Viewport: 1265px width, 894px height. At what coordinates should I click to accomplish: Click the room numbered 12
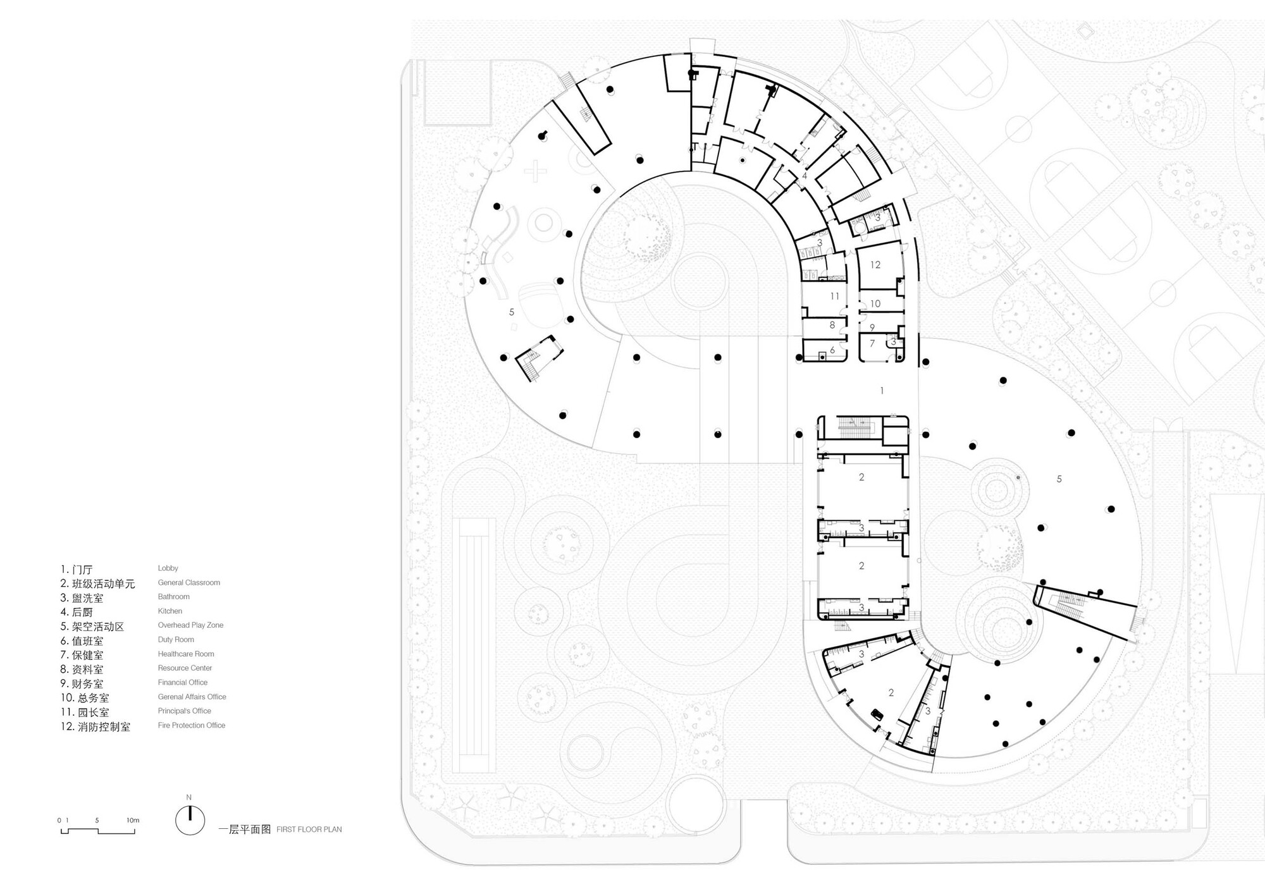pos(875,265)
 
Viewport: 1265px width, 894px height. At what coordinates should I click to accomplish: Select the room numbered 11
pos(835,296)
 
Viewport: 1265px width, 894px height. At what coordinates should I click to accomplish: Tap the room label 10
pos(875,304)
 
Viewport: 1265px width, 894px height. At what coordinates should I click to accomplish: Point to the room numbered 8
pos(832,325)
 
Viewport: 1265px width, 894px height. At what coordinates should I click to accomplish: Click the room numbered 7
pos(872,343)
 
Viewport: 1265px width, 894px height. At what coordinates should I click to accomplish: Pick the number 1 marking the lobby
pos(882,391)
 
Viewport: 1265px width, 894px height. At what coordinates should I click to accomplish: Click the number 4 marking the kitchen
pos(805,176)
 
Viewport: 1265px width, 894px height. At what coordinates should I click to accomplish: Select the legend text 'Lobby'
pos(168,568)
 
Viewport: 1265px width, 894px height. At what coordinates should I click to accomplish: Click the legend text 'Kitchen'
pos(170,611)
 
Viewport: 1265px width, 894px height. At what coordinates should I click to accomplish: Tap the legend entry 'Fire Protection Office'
pos(192,725)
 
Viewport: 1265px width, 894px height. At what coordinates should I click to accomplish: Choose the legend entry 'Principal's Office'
pos(185,711)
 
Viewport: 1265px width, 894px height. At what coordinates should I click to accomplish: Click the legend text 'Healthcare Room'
pos(186,654)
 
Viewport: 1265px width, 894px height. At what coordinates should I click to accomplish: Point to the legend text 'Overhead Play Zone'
pos(190,625)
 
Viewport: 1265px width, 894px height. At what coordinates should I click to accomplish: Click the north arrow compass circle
pos(190,820)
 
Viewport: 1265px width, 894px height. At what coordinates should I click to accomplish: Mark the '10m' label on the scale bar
pos(133,821)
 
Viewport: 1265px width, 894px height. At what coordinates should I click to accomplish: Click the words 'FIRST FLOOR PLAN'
pos(309,830)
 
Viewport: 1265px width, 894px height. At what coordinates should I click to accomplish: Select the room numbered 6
pos(832,350)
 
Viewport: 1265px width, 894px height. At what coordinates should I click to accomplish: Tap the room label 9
pos(872,328)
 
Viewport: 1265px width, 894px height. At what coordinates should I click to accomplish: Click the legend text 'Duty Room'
pos(176,640)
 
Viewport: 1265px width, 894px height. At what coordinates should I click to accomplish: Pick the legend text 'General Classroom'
pos(189,583)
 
